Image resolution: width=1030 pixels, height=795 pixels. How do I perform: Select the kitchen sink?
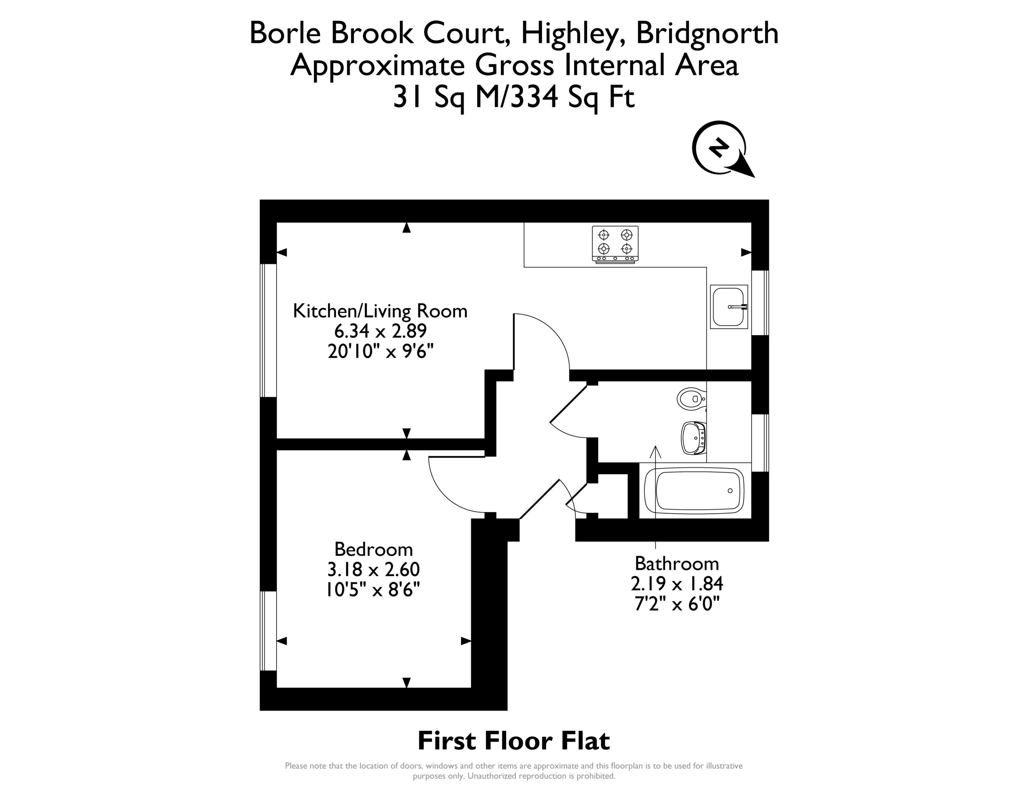729,306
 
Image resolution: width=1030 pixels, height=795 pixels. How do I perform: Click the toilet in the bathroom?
691,399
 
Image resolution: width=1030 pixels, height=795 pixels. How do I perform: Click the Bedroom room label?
373,549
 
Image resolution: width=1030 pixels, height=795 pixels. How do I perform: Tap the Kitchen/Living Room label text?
380,311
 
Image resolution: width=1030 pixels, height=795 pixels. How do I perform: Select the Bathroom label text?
677,563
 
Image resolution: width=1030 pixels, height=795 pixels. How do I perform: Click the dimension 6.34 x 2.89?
380,331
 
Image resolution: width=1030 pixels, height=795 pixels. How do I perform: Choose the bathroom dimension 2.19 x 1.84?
677,584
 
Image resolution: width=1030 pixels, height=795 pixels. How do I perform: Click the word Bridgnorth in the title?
707,33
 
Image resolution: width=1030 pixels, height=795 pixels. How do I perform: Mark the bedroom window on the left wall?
268,631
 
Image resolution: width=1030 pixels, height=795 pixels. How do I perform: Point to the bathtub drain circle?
730,491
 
